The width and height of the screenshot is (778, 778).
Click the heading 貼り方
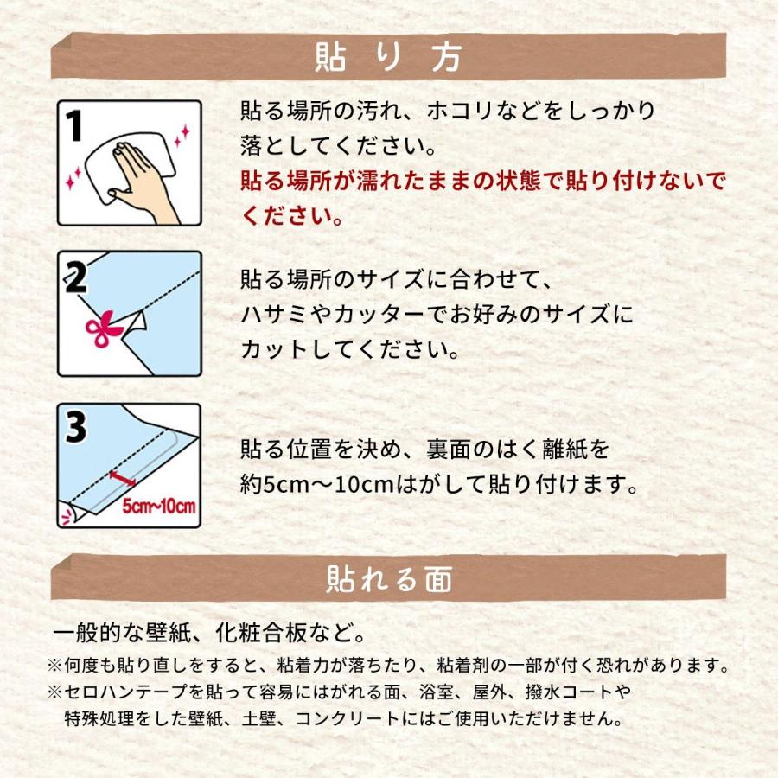pos(388,57)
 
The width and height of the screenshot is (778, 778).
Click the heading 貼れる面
pos(389,578)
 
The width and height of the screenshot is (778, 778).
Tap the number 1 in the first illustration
pos(74,125)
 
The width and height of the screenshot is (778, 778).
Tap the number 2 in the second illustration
pos(76,277)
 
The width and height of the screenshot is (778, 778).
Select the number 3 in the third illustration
pos(76,427)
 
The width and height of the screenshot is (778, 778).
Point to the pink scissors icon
pos(103,328)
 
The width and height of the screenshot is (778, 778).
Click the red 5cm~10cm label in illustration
pos(159,506)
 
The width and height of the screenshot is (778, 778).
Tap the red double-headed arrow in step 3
pos(122,477)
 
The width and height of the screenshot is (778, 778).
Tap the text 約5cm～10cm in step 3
pos(317,484)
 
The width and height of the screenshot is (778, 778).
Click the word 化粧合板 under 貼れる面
pos(260,632)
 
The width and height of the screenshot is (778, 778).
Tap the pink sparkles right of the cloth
pos(182,136)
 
